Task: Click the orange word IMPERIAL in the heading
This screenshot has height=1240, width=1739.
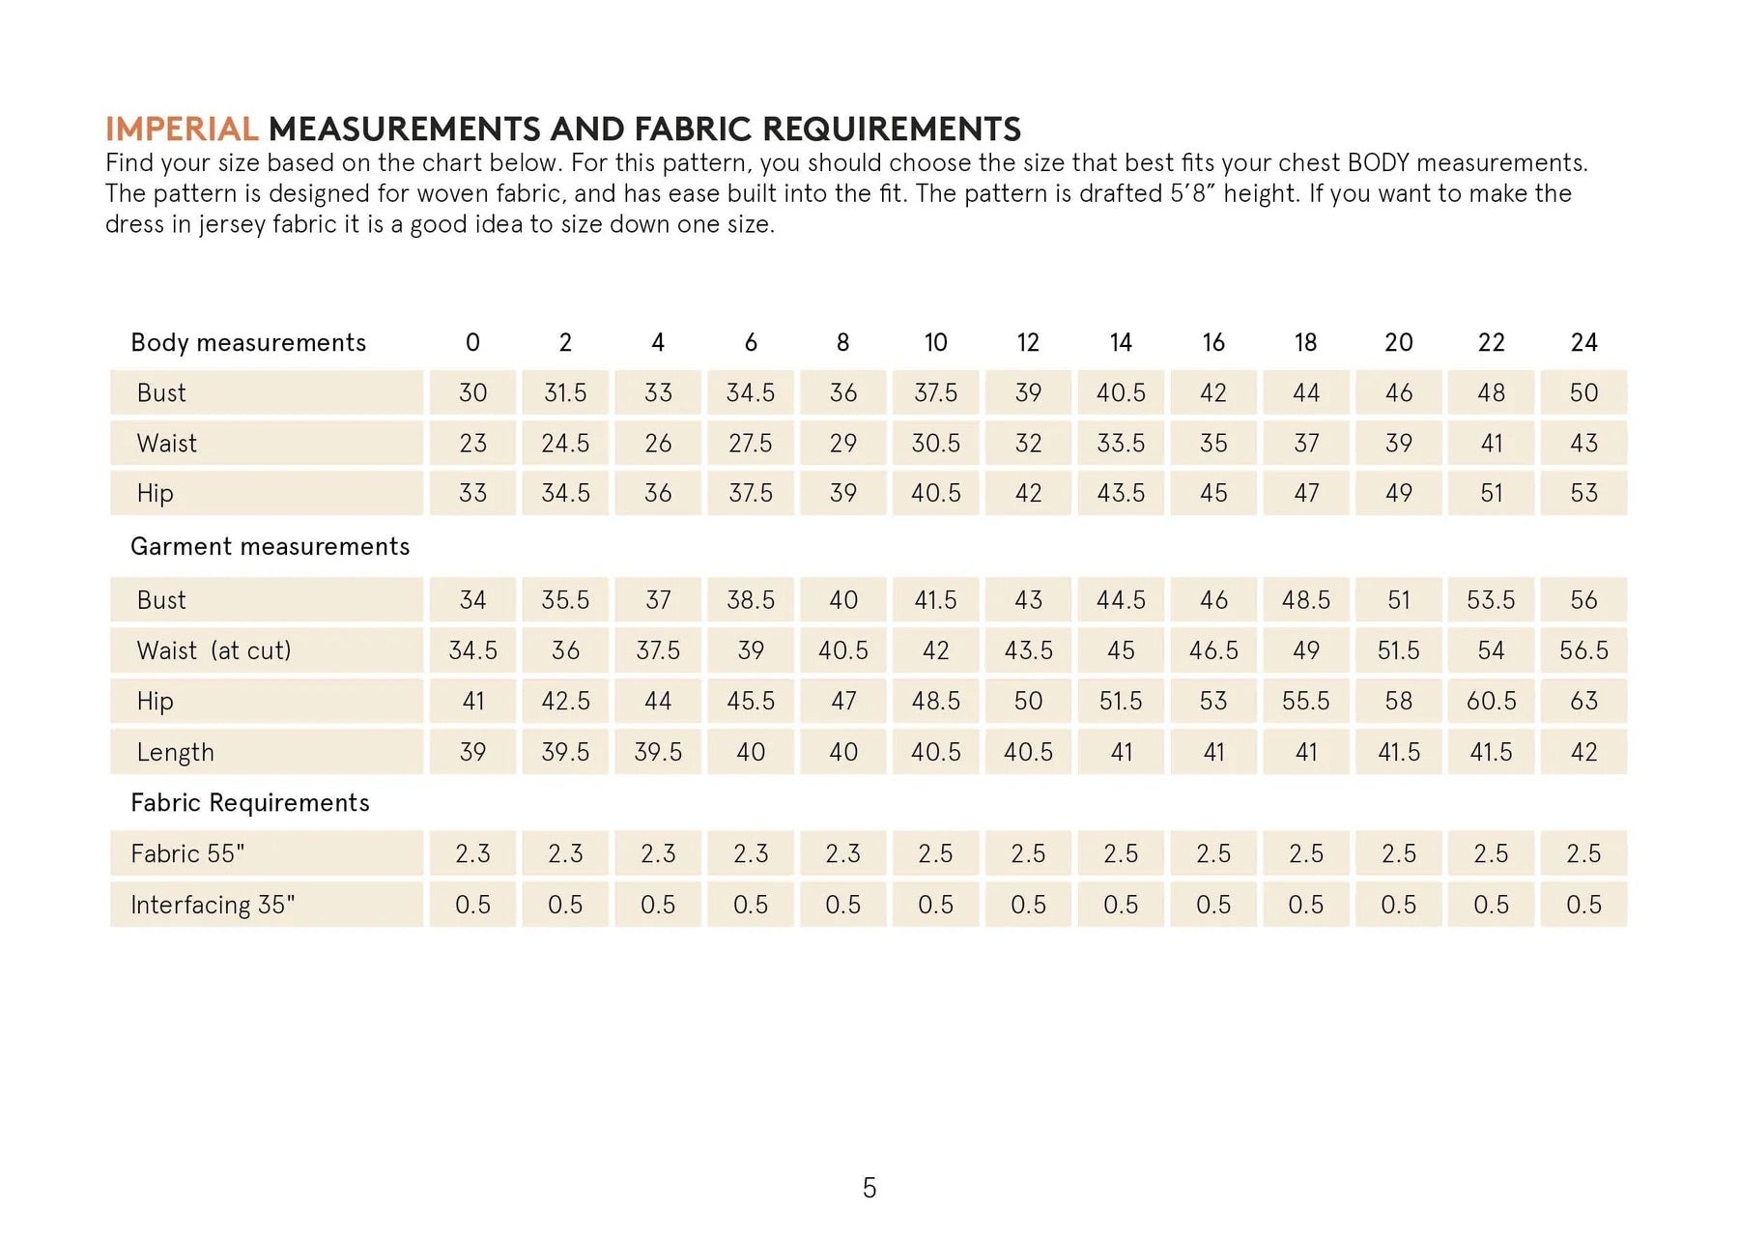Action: tap(181, 129)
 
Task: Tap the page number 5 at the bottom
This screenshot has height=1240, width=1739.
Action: tap(869, 1188)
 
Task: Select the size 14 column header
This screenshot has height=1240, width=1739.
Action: tap(1121, 342)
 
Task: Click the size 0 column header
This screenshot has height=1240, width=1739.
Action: tap(472, 342)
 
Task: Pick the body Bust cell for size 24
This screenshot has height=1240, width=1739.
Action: tap(1583, 392)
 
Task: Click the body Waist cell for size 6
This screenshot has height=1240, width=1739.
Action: tap(751, 443)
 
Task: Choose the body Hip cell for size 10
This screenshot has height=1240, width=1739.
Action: tap(935, 493)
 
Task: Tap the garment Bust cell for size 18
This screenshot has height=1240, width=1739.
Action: tap(1305, 599)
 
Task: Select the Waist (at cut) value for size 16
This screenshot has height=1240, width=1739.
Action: tap(1213, 650)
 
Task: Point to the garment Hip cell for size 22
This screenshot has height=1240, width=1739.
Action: tap(1491, 701)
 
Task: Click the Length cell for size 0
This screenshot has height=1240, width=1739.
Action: tap(472, 752)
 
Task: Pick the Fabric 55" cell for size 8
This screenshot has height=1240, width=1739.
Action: tap(842, 853)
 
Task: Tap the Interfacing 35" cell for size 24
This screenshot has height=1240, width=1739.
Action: tap(1583, 905)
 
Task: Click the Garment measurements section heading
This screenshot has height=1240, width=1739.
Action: tap(270, 546)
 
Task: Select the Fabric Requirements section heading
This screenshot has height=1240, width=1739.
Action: tap(249, 802)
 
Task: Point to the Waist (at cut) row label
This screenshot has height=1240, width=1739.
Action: tap(214, 650)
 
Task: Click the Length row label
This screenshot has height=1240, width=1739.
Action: tap(175, 752)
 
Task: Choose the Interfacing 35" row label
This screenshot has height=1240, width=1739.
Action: tap(213, 905)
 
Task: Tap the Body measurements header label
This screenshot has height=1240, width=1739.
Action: tap(248, 342)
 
